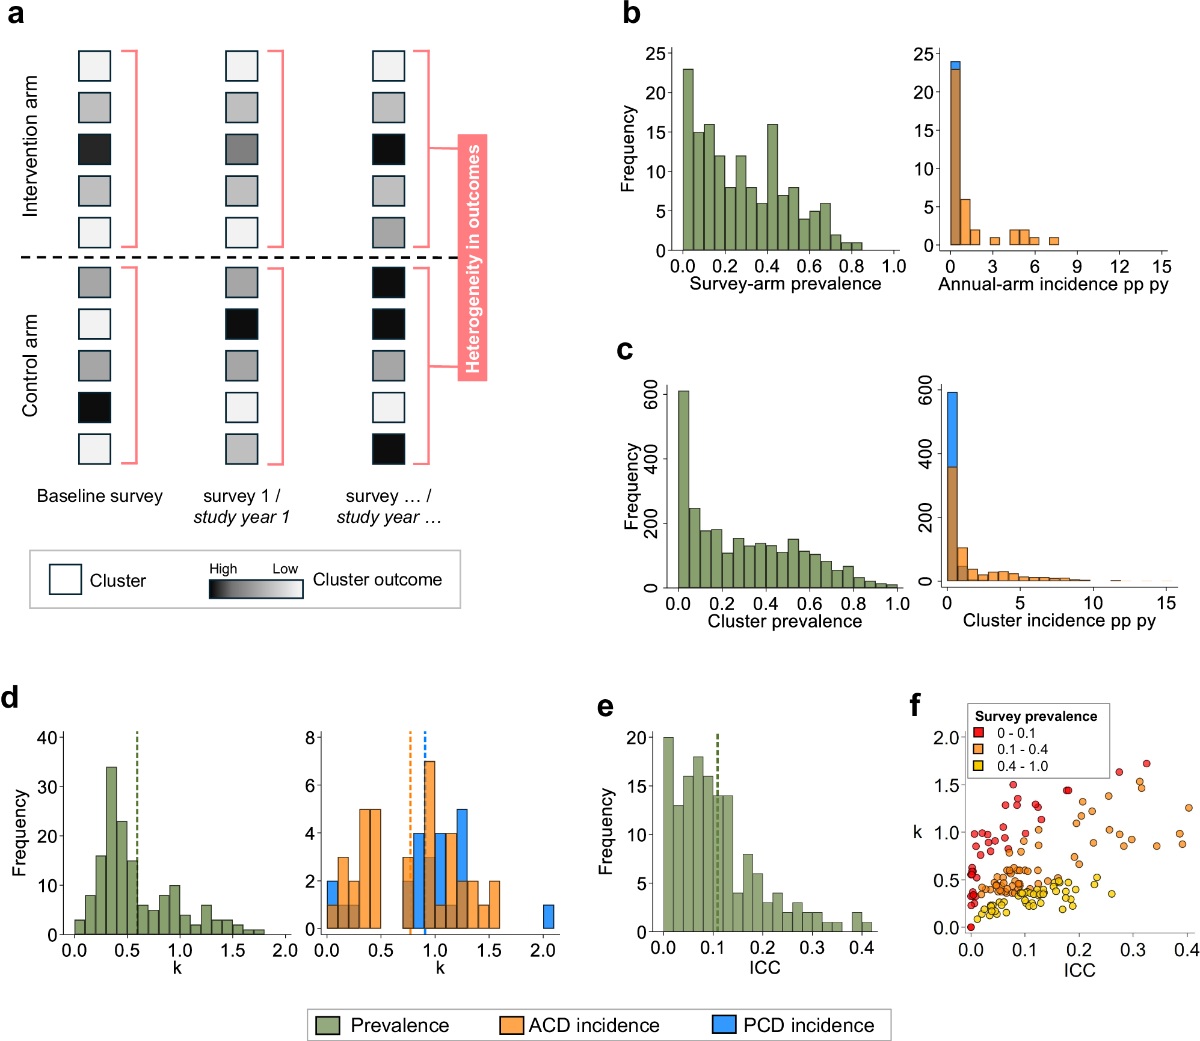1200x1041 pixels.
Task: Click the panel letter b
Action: tap(631, 13)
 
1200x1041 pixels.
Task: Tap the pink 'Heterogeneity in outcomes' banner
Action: tap(473, 258)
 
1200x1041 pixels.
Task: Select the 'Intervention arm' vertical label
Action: tap(30, 146)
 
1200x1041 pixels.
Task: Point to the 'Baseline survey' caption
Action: tap(100, 496)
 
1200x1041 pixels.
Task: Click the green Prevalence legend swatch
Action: tap(328, 1025)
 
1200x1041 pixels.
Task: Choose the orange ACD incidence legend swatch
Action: tap(511, 1025)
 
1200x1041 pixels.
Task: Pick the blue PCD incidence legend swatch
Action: tap(724, 1024)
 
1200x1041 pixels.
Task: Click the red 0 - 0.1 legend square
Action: tap(979, 732)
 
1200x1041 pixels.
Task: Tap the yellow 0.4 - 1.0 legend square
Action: tap(979, 765)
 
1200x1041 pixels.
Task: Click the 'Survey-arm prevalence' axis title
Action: tap(785, 283)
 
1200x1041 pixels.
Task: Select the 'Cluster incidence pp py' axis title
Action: tap(1059, 620)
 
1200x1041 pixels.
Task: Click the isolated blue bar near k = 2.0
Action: tap(549, 916)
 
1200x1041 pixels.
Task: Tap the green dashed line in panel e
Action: tap(718, 830)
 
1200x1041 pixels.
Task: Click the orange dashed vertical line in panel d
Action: tap(410, 830)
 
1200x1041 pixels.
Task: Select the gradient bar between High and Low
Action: tap(256, 589)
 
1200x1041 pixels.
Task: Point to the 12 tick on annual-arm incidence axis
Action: tap(1119, 267)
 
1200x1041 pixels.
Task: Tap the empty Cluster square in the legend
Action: tap(65, 579)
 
